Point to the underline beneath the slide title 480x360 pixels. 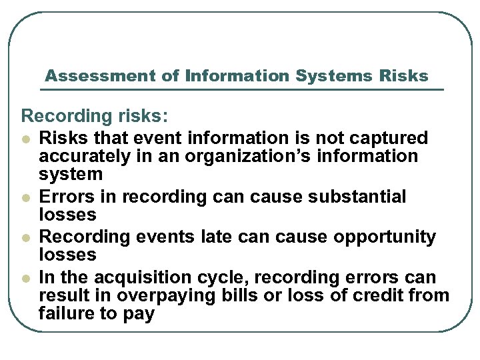(x=244, y=89)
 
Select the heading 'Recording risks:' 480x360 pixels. (x=95, y=116)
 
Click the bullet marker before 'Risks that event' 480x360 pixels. (x=26, y=139)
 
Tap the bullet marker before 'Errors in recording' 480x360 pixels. (x=26, y=197)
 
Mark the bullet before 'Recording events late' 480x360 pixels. (x=26, y=237)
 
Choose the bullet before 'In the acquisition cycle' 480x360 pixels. (x=26, y=277)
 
